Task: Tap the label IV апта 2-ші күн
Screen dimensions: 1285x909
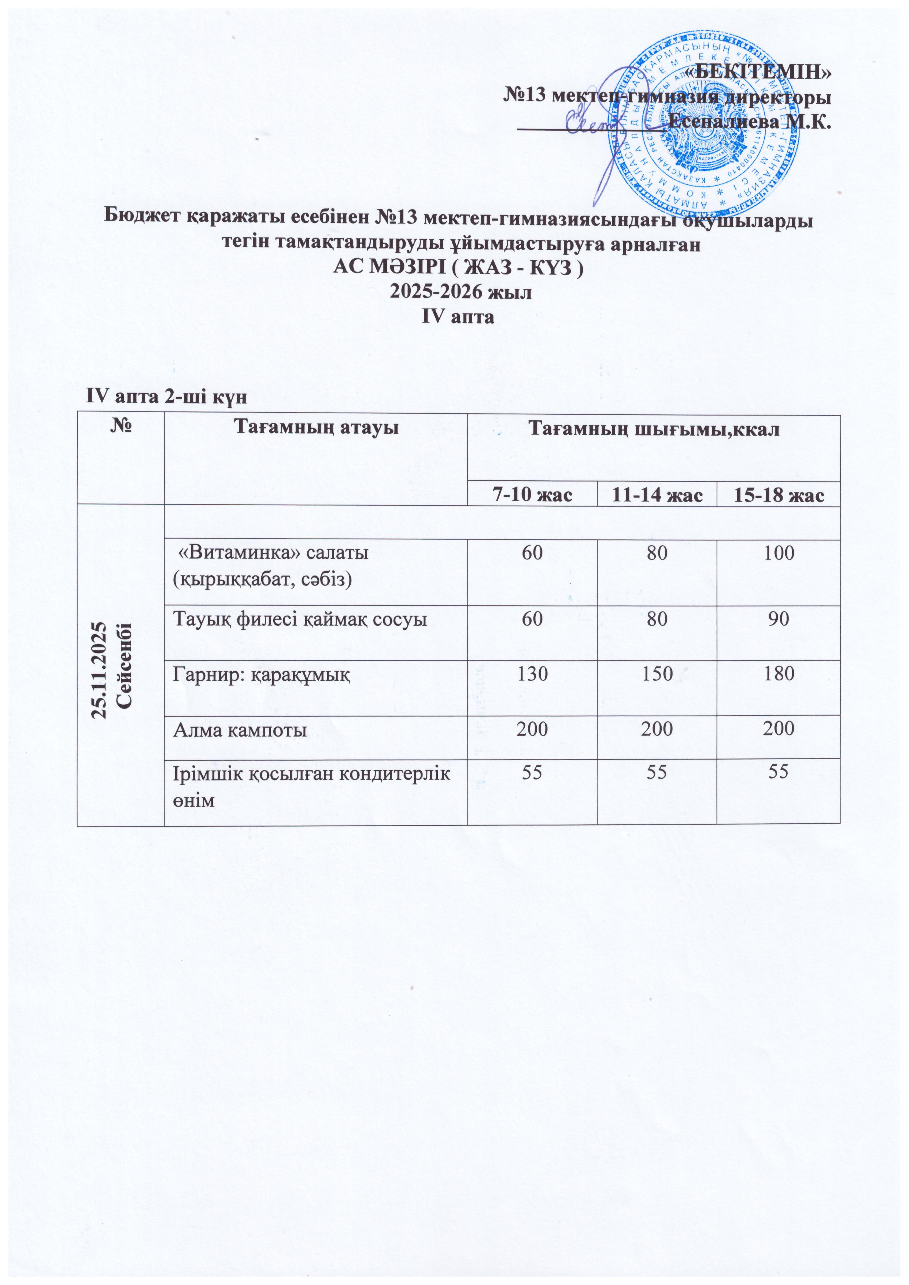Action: pos(166,397)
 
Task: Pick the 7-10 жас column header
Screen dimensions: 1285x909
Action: pos(532,495)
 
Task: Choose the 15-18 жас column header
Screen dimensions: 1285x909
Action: pos(778,495)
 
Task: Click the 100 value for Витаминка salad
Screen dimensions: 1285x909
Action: pos(778,554)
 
